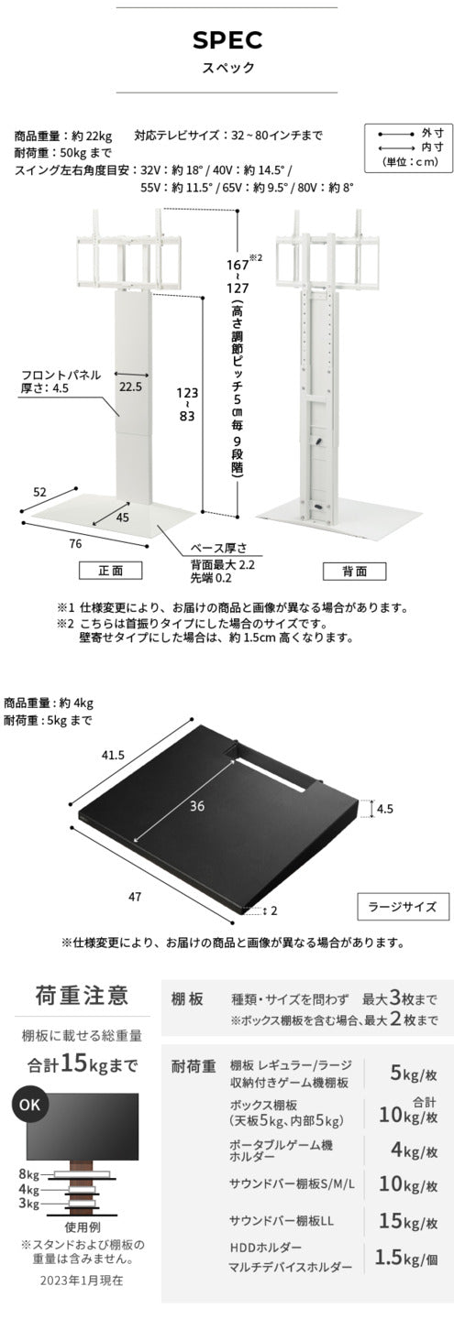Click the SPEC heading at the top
227,40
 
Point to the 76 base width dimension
75,543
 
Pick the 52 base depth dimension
39,492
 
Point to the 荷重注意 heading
82,995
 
